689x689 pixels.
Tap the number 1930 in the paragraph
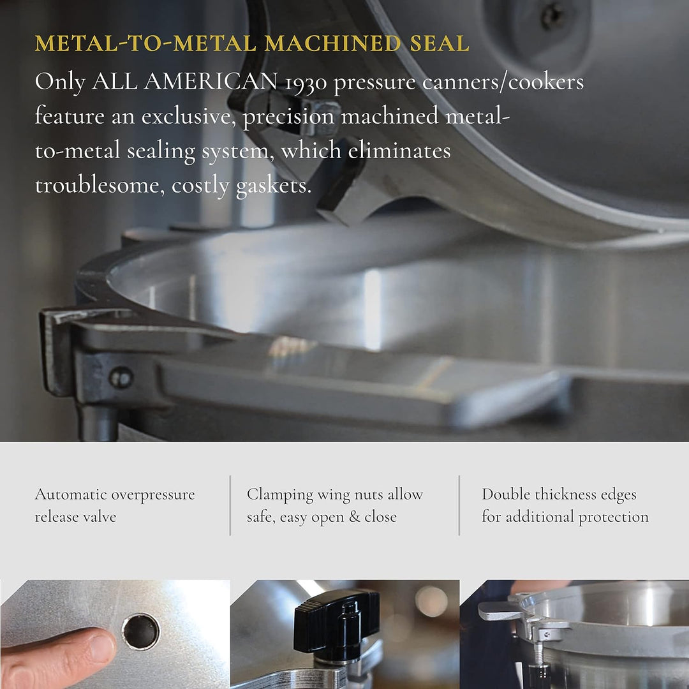304,82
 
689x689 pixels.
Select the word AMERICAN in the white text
213,82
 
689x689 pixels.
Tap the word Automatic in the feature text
71,494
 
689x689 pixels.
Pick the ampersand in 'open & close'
354,517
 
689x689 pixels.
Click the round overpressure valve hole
140,630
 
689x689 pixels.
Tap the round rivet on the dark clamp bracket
121,378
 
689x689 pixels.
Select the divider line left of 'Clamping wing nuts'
230,505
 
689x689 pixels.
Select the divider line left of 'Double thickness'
459,505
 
